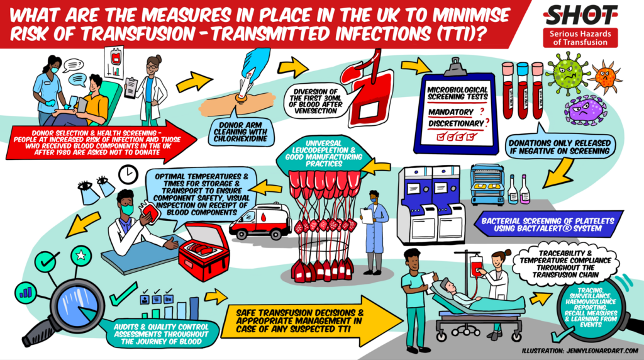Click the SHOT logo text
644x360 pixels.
pyautogui.click(x=580, y=15)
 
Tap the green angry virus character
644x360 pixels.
pyautogui.click(x=569, y=74)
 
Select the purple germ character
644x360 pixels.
pyautogui.click(x=584, y=110)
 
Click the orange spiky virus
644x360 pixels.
pyautogui.click(x=606, y=76)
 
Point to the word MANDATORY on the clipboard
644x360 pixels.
pyautogui.click(x=450, y=112)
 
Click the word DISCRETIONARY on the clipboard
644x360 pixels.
pyautogui.click(x=456, y=123)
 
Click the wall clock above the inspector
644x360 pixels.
pyautogui.click(x=128, y=175)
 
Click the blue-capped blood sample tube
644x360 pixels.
pyautogui.click(x=523, y=91)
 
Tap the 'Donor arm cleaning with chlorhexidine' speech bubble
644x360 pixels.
pyautogui.click(x=240, y=132)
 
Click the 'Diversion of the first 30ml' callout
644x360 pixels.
pyautogui.click(x=316, y=101)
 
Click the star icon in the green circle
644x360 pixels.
pyautogui.click(x=81, y=256)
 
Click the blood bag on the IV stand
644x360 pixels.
pyautogui.click(x=476, y=265)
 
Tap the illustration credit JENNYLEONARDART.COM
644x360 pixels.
pyautogui.click(x=580, y=351)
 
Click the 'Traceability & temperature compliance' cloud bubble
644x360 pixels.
pyautogui.click(x=565, y=264)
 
